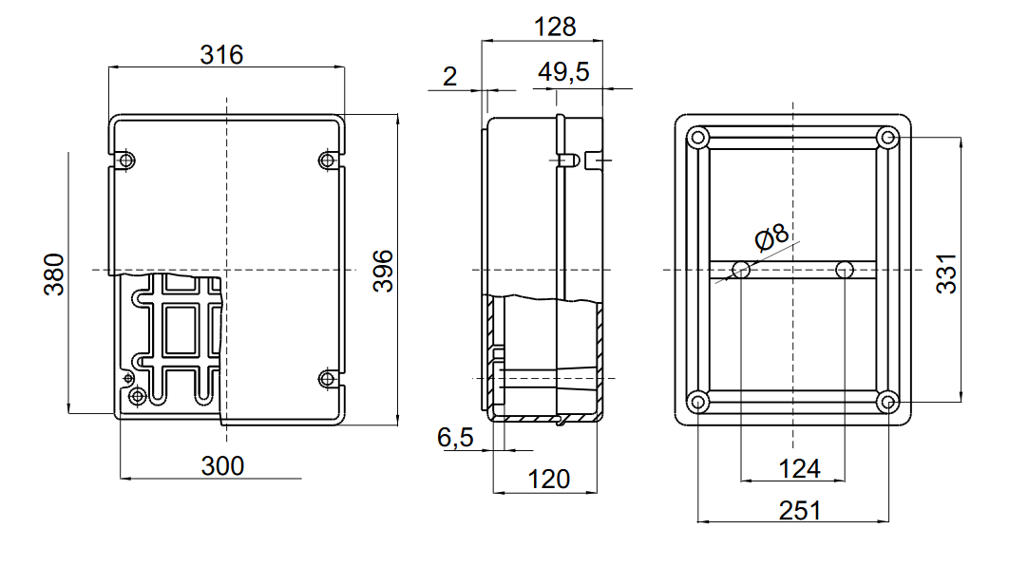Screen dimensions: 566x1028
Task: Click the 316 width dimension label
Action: [221, 55]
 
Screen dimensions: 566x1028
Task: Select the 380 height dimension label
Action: [54, 274]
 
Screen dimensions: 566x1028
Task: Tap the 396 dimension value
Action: [382, 271]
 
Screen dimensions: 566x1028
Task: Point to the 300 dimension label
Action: [222, 465]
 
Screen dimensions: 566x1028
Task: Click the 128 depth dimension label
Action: [555, 27]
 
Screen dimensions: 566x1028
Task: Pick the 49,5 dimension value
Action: [564, 73]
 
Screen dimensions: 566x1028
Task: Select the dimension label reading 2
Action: [450, 76]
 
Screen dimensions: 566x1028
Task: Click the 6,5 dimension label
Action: [455, 438]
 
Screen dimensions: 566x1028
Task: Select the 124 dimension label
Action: [798, 467]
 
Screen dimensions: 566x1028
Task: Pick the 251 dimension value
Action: [799, 510]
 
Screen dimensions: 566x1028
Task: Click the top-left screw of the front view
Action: [125, 159]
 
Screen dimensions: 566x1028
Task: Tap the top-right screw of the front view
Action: [328, 159]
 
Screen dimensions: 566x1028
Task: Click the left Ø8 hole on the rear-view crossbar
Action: [742, 271]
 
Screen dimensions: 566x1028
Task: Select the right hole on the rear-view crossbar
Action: [846, 271]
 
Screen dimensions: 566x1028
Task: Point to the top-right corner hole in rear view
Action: [888, 138]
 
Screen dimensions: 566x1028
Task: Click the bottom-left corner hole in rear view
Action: [698, 402]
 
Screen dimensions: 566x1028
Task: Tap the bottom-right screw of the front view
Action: [328, 380]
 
